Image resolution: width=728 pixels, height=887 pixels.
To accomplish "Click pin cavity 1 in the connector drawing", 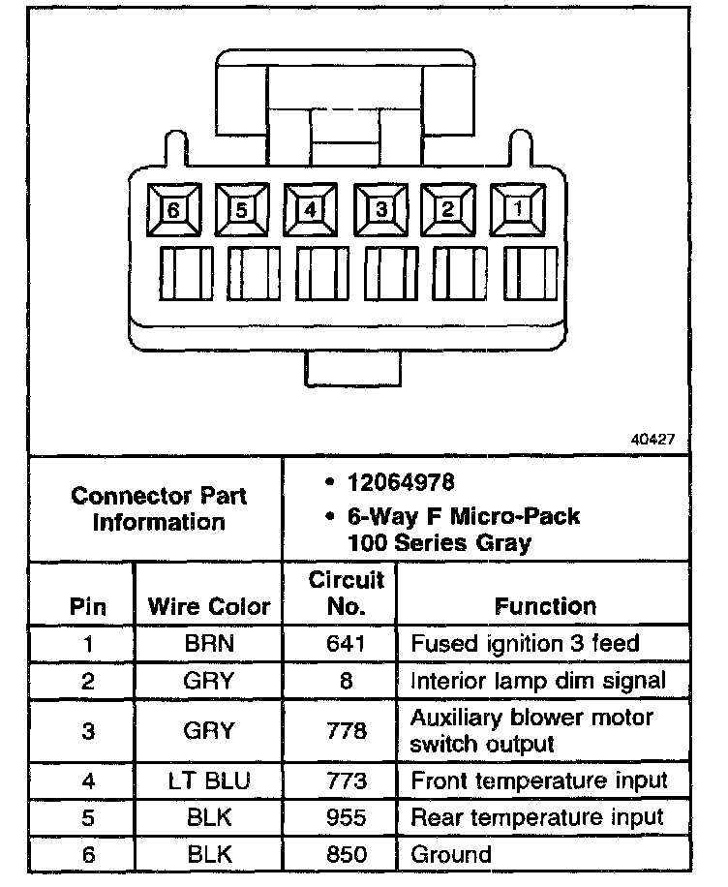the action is tap(518, 208).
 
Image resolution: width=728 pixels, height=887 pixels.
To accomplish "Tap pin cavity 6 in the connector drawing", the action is tap(173, 208).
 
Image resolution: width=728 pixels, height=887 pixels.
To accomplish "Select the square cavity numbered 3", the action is tap(380, 208).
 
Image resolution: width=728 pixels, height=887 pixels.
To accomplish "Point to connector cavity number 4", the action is tap(311, 208).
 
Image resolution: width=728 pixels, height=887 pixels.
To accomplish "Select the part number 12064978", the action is tap(401, 482).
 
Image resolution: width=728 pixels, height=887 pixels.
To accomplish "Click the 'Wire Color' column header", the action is tap(209, 607).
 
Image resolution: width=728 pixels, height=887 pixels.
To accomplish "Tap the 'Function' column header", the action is tap(545, 607).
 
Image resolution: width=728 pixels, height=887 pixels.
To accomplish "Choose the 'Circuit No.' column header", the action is tap(347, 594).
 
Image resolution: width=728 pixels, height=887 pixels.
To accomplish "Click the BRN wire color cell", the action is tap(209, 643).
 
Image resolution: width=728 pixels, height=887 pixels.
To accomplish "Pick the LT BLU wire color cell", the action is tap(209, 780).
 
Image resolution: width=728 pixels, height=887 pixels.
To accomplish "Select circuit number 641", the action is tap(347, 643).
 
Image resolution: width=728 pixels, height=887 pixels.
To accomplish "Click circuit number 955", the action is tap(347, 817).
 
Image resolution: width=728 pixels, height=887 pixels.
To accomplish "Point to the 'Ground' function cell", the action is tap(451, 854).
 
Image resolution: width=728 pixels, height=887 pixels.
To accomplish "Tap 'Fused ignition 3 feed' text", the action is tap(525, 643).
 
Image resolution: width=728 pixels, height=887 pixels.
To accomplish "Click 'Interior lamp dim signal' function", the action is tap(538, 680).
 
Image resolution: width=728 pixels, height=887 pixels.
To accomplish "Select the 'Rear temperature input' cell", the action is tap(537, 817).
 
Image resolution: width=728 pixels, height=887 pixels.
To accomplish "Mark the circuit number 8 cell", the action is tap(347, 680).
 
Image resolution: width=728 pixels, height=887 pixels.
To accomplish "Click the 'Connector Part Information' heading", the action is tap(159, 508).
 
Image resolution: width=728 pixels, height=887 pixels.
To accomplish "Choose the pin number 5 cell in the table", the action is tap(88, 817).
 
